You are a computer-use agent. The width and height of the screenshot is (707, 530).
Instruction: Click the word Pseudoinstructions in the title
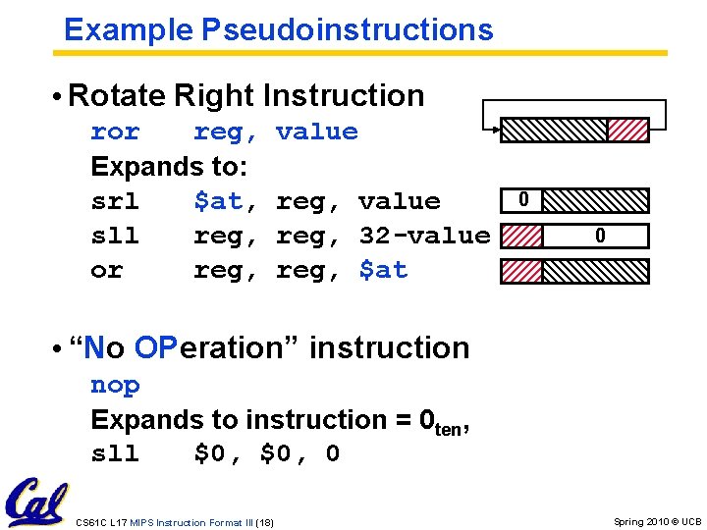pyautogui.click(x=347, y=29)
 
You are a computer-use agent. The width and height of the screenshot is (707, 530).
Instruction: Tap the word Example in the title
pyautogui.click(x=129, y=29)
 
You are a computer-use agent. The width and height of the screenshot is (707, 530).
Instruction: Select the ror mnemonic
pyautogui.click(x=115, y=132)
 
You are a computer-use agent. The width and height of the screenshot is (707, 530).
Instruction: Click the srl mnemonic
pyautogui.click(x=115, y=201)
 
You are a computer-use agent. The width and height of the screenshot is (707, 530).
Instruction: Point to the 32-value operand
pyautogui.click(x=424, y=236)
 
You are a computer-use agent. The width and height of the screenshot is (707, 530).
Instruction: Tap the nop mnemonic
pyautogui.click(x=115, y=385)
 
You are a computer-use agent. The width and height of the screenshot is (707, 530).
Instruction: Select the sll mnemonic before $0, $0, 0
pyautogui.click(x=115, y=453)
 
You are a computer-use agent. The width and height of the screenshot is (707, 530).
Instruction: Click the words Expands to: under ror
pyautogui.click(x=169, y=166)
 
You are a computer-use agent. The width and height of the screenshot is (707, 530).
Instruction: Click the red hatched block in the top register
pyautogui.click(x=628, y=130)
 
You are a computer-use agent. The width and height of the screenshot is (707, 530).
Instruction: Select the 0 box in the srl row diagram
pyautogui.click(x=523, y=200)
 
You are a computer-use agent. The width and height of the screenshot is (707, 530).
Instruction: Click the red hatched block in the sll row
pyautogui.click(x=521, y=236)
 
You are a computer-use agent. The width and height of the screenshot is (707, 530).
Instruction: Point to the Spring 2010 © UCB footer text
pyautogui.click(x=657, y=522)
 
